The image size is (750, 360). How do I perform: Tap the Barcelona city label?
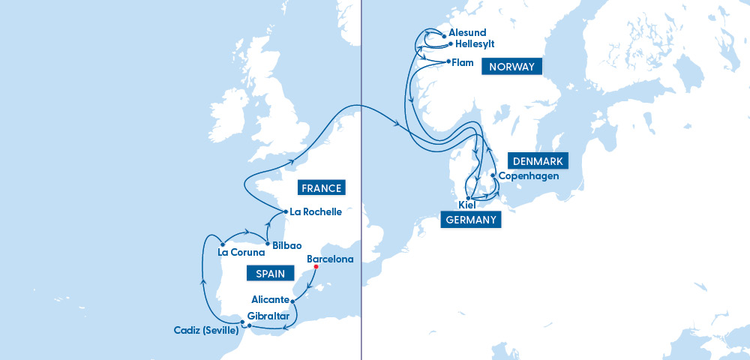point(330,259)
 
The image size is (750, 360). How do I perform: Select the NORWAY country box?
point(511,67)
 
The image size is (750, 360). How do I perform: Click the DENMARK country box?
point(538,160)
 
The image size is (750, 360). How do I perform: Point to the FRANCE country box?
point(321,188)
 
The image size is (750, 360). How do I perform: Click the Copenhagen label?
point(528,175)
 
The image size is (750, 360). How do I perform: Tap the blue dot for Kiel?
point(468,198)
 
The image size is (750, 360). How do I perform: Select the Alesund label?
point(467,33)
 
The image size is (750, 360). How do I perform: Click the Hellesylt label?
point(476,44)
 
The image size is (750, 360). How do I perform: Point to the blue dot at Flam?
point(448,61)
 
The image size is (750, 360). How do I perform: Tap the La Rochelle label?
point(316,212)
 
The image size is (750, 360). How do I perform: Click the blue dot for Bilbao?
point(267,243)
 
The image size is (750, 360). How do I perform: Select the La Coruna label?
point(241,252)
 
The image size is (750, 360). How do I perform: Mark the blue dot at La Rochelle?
point(286,211)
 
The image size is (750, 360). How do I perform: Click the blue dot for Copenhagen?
point(493,176)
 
